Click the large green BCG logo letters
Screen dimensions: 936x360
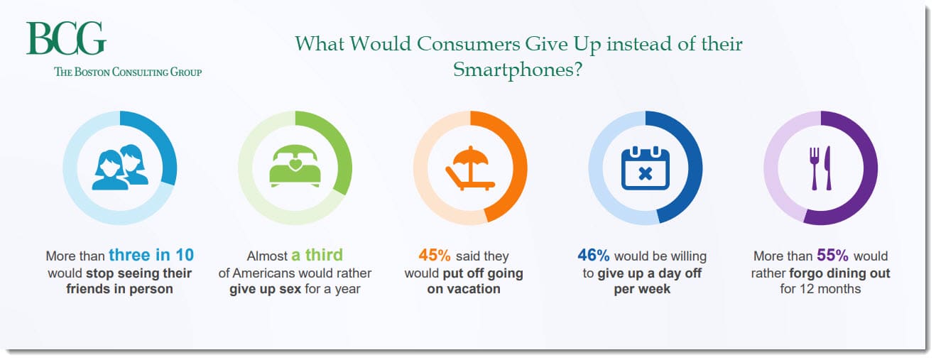pos(66,38)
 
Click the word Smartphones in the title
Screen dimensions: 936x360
pos(518,70)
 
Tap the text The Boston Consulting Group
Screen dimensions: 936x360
pos(128,72)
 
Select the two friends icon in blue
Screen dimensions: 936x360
pos(120,167)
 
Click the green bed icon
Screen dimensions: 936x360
pos(295,166)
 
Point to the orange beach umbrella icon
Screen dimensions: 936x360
pos(470,168)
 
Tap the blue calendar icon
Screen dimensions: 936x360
pos(646,168)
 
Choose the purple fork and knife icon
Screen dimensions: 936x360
pos(821,168)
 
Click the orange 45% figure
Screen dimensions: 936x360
pos(435,255)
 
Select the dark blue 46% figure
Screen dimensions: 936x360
pos(594,255)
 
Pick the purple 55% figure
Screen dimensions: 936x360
pos(833,255)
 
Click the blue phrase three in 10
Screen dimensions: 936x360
pos(151,255)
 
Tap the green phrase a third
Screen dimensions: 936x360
pos(317,255)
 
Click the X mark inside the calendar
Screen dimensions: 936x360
pos(646,173)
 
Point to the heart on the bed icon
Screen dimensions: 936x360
pos(295,164)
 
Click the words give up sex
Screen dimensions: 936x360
pos(266,289)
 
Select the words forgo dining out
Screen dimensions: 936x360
pos(840,273)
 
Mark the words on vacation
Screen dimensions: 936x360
pos(464,289)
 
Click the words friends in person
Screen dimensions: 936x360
pos(119,289)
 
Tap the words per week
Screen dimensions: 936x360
pos(642,289)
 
